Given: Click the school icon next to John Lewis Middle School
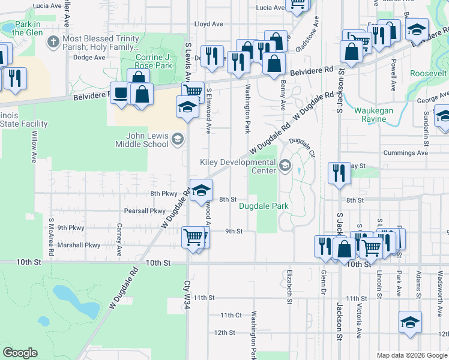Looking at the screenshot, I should pyautogui.click(x=177, y=140).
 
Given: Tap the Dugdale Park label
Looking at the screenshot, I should pyautogui.click(x=264, y=206).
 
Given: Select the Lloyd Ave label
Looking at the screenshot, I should pyautogui.click(x=209, y=25).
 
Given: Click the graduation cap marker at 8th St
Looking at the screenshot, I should pyautogui.click(x=202, y=190).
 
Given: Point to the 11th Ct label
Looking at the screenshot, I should pyautogui.click(x=231, y=315).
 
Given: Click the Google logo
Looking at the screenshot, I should pyautogui.click(x=20, y=353).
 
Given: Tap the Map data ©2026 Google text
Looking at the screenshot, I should pyautogui.click(x=411, y=355).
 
